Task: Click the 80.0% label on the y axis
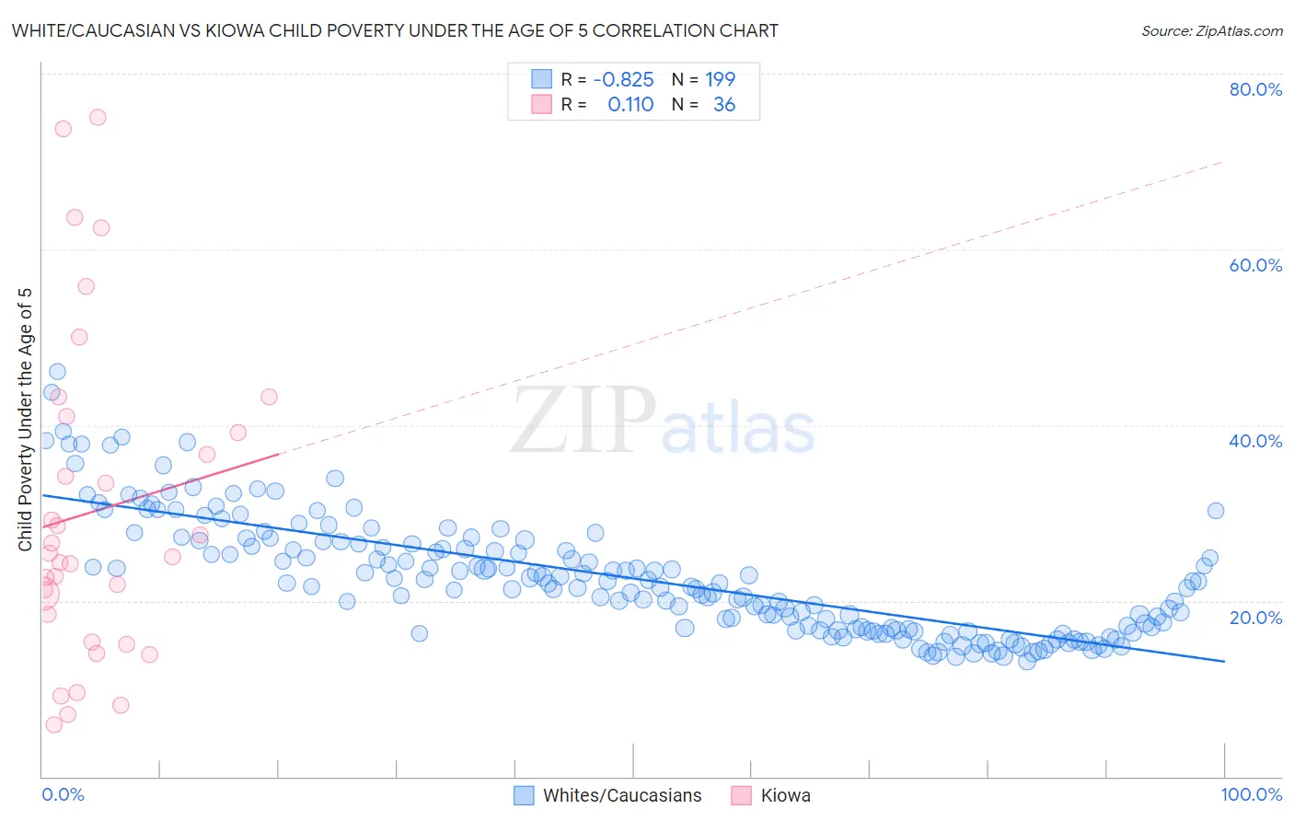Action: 1255,89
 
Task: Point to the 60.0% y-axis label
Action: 1255,265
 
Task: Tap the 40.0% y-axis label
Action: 1255,441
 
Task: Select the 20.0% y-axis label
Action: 1255,617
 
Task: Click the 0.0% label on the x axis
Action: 63,794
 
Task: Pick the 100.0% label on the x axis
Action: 1251,794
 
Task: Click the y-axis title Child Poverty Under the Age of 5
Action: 25,419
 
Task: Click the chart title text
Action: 395,31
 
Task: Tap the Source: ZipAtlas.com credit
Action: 1211,31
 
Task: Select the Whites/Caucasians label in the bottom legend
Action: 622,795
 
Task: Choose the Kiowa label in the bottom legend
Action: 785,795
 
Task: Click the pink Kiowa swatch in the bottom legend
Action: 742,795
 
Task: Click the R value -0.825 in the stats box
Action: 623,80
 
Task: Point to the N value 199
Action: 720,80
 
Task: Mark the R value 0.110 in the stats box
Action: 630,105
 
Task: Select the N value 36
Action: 724,105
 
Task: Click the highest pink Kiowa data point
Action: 98,117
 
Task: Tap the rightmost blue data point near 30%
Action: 1215,511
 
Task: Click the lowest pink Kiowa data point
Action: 54,724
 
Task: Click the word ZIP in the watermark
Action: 583,422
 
